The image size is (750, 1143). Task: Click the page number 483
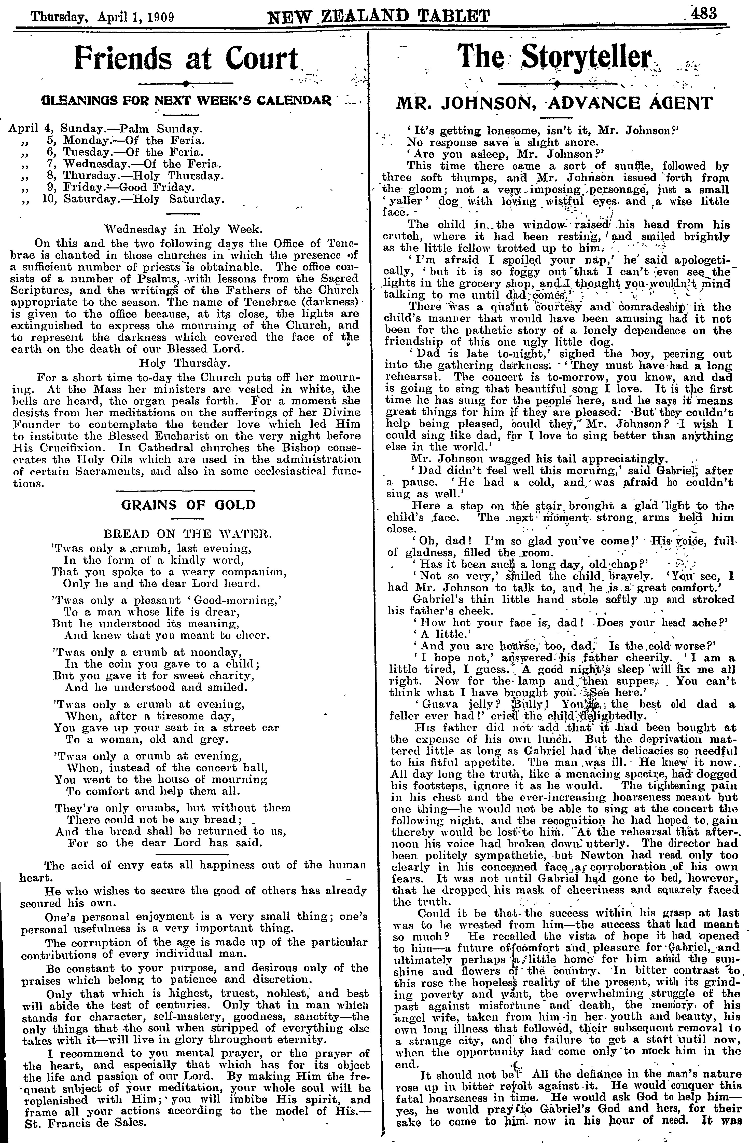704,13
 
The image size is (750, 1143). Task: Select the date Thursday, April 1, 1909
102,17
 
